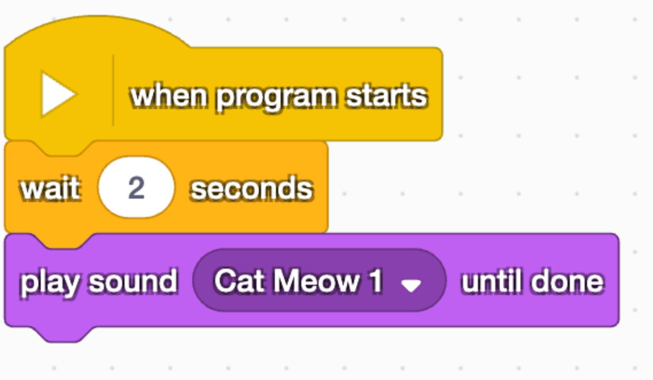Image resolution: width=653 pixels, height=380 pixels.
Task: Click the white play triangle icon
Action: click(x=57, y=94)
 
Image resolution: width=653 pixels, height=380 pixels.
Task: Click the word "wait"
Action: click(x=50, y=188)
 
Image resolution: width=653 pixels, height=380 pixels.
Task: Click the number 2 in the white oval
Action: click(x=136, y=188)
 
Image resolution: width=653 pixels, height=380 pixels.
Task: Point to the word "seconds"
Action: click(x=251, y=188)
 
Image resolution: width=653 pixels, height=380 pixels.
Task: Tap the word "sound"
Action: click(x=133, y=281)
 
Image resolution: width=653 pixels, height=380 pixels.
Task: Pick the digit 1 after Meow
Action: click(x=376, y=281)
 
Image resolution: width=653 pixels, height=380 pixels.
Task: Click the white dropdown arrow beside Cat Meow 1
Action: click(x=411, y=285)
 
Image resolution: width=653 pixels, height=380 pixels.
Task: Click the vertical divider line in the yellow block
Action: click(x=113, y=90)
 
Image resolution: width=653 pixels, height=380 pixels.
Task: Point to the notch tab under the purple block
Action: click(x=64, y=334)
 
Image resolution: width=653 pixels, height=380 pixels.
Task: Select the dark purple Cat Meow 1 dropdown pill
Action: click(x=320, y=281)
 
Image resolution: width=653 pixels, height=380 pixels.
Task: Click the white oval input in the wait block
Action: click(x=136, y=188)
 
